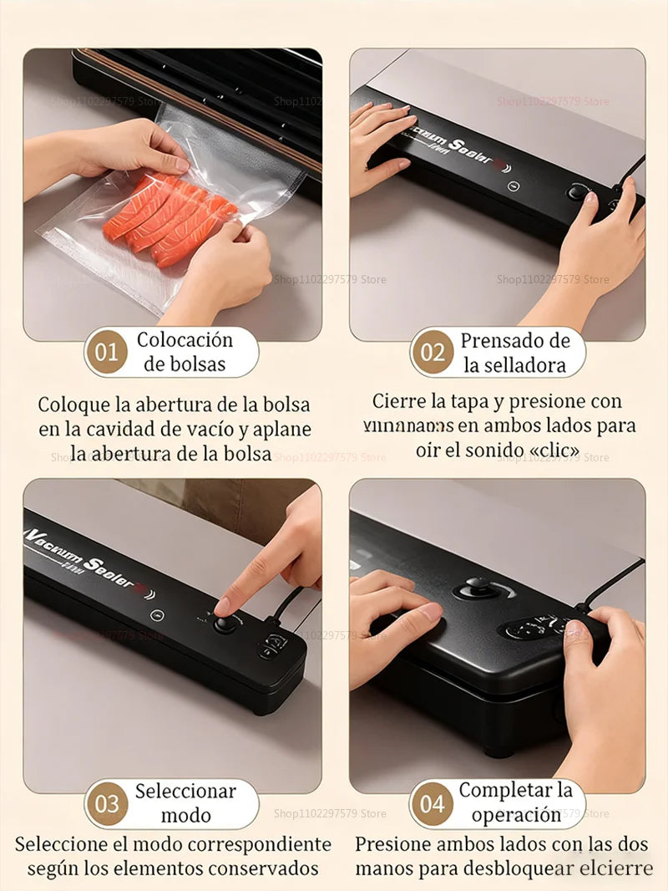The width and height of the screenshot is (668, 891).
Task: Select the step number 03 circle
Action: tap(106, 804)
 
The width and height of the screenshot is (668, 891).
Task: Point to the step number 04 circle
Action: tap(432, 804)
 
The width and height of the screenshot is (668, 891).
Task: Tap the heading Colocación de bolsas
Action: tap(185, 352)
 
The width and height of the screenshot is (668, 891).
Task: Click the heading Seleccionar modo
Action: tap(185, 803)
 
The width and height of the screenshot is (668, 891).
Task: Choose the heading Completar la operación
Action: tap(515, 802)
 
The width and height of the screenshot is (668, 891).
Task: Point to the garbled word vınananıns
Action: tap(408, 425)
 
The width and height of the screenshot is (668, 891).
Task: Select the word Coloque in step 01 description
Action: tap(74, 405)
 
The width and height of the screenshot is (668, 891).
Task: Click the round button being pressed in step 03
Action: tap(224, 623)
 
